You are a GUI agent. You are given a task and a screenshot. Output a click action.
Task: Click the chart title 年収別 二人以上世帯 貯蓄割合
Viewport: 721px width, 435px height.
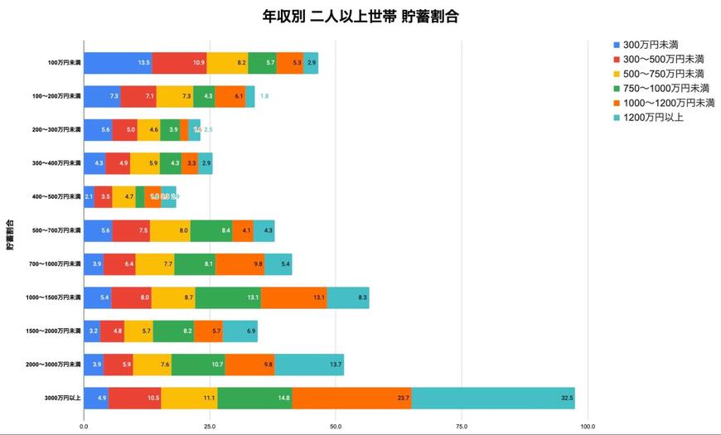point(360,17)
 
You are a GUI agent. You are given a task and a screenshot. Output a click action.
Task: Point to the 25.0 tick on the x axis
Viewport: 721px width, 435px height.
point(210,427)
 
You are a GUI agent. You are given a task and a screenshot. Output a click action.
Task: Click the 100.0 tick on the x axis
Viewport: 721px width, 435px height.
point(588,427)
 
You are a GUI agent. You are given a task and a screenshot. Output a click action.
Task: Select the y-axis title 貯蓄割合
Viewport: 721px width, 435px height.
point(10,234)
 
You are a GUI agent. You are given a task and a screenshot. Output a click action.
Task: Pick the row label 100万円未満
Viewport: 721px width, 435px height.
point(65,63)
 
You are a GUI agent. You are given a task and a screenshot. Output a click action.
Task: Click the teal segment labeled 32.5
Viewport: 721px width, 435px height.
point(493,398)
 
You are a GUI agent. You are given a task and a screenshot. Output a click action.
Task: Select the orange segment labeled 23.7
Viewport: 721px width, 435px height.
point(351,398)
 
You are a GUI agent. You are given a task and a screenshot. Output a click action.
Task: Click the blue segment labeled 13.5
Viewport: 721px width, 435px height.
point(118,63)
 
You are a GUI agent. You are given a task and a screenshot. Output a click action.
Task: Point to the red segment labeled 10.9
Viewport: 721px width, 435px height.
point(179,63)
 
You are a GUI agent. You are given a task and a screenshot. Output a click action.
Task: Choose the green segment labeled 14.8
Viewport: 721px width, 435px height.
point(254,398)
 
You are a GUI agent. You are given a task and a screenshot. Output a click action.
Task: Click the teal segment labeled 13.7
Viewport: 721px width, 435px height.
point(309,365)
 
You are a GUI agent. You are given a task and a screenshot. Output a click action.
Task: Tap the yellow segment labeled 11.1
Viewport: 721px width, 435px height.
point(189,398)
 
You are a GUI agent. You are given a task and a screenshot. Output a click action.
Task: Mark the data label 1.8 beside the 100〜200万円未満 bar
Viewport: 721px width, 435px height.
point(264,96)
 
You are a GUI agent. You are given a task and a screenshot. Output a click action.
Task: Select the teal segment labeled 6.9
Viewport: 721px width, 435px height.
point(240,331)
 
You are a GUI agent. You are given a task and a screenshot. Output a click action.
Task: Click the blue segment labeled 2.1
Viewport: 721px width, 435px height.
point(89,196)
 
